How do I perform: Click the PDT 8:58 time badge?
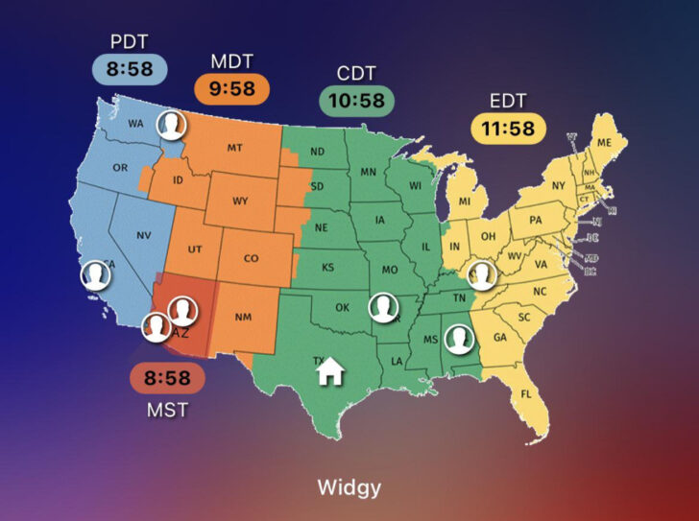[130, 68]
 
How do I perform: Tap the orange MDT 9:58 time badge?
[230, 89]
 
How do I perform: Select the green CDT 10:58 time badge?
[359, 101]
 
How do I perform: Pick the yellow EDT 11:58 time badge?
[508, 129]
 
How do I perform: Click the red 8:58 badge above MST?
[167, 378]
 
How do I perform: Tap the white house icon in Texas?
[330, 368]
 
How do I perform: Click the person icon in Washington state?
[171, 125]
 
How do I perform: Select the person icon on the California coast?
[94, 276]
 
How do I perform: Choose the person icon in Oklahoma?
[383, 308]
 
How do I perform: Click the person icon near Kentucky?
[480, 275]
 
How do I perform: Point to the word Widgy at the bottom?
[349, 487]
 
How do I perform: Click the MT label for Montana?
[234, 148]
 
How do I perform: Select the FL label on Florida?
[525, 394]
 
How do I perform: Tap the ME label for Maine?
[604, 142]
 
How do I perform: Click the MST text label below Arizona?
[167, 410]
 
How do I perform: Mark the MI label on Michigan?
[465, 201]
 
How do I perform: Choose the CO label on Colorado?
[251, 258]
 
